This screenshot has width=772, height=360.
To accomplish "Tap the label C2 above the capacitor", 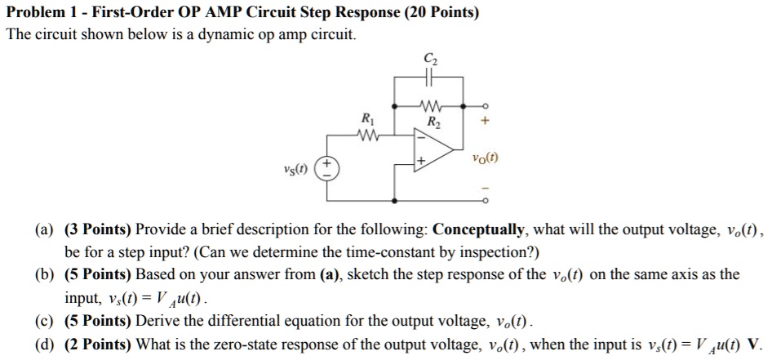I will pos(430,59).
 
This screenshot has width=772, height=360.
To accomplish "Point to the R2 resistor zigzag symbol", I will pos(429,106).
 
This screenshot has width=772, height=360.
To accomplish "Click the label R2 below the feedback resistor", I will pos(433,123).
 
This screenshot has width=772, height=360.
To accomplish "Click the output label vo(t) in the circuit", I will pos(485,159).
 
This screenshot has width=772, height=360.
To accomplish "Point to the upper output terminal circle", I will pos(484,106).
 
